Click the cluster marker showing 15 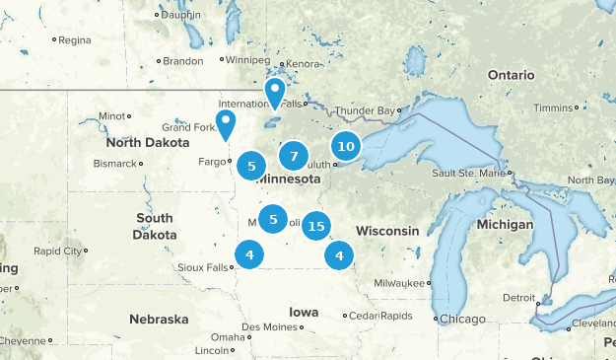click(x=315, y=227)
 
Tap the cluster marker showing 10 click(x=345, y=147)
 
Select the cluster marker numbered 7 click(x=293, y=156)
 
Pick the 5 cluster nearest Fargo click(x=251, y=167)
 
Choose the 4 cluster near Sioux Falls click(x=249, y=255)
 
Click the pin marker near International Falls click(x=274, y=93)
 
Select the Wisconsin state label click(x=387, y=230)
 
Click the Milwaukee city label click(x=401, y=283)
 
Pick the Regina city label click(x=74, y=40)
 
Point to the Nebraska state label click(x=158, y=320)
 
